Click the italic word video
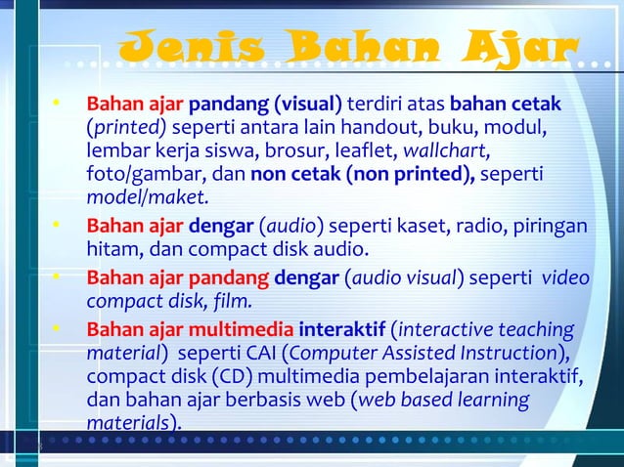point(565,276)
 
